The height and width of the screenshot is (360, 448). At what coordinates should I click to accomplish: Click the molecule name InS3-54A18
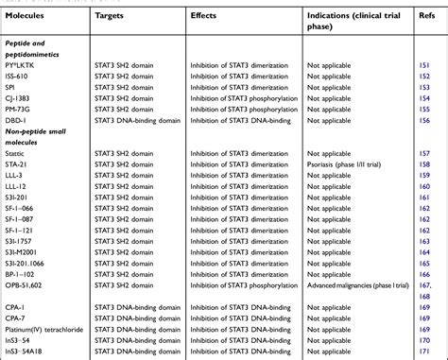26,353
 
